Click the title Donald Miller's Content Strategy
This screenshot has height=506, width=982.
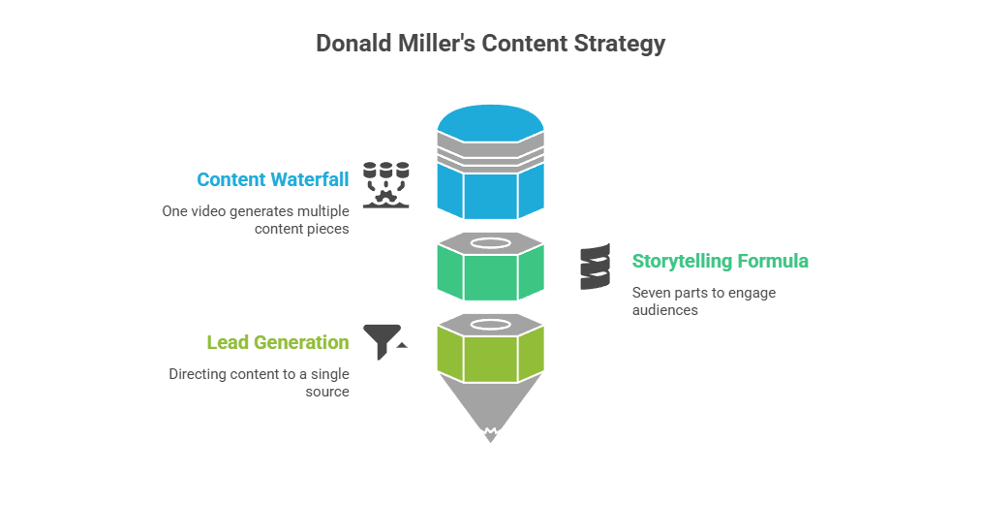pyautogui.click(x=491, y=44)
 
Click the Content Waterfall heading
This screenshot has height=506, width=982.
pyautogui.click(x=272, y=179)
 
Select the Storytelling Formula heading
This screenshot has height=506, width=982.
pyautogui.click(x=720, y=261)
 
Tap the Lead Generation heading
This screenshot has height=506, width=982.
pyautogui.click(x=277, y=342)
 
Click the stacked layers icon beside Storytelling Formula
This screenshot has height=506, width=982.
pyautogui.click(x=596, y=268)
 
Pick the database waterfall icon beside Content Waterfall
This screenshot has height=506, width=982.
pyautogui.click(x=385, y=183)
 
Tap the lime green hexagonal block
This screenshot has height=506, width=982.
pyautogui.click(x=490, y=355)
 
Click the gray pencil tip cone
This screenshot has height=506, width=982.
pyautogui.click(x=490, y=407)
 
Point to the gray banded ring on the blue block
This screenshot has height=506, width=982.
pyautogui.click(x=490, y=148)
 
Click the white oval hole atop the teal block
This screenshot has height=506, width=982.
pyautogui.click(x=490, y=242)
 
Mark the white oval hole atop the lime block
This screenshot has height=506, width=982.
pyautogui.click(x=490, y=324)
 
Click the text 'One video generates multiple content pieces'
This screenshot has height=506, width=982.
pyautogui.click(x=255, y=220)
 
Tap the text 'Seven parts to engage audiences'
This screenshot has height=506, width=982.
pyautogui.click(x=703, y=301)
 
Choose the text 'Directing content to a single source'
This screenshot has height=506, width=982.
pyautogui.click(x=259, y=383)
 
